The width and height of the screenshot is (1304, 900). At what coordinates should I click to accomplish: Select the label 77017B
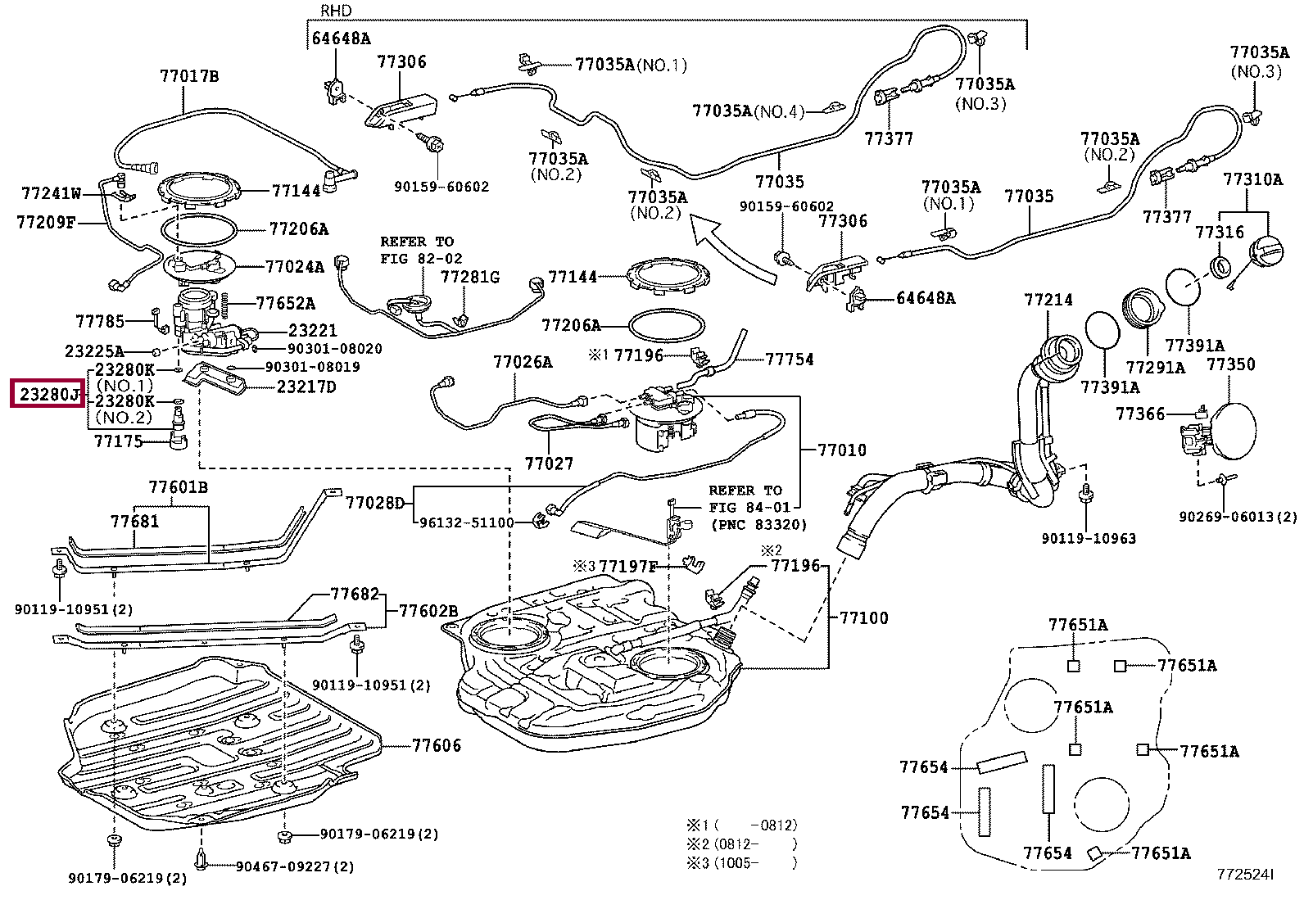pos(189,77)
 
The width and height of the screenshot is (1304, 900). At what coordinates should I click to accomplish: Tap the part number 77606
pos(436,745)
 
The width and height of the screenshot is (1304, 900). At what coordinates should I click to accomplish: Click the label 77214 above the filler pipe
pos(1048,301)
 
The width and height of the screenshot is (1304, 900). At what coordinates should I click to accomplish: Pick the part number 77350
pos(1230,364)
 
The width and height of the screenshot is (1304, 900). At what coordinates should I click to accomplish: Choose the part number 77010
pos(841,450)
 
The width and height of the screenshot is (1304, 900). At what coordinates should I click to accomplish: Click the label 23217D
pos(306,387)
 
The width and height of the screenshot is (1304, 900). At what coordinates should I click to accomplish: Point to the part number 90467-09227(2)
pos(295,866)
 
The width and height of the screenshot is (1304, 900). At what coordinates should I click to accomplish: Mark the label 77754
pos(790,359)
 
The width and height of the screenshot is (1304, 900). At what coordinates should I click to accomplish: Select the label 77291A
pos(1155,368)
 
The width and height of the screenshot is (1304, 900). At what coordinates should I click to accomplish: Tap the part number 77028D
pos(374,502)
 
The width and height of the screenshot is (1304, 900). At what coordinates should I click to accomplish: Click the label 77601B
pos(178,487)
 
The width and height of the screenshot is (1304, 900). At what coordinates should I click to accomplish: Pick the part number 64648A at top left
pos(341,38)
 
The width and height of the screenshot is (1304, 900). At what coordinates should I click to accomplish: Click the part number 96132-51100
pos(466,522)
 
